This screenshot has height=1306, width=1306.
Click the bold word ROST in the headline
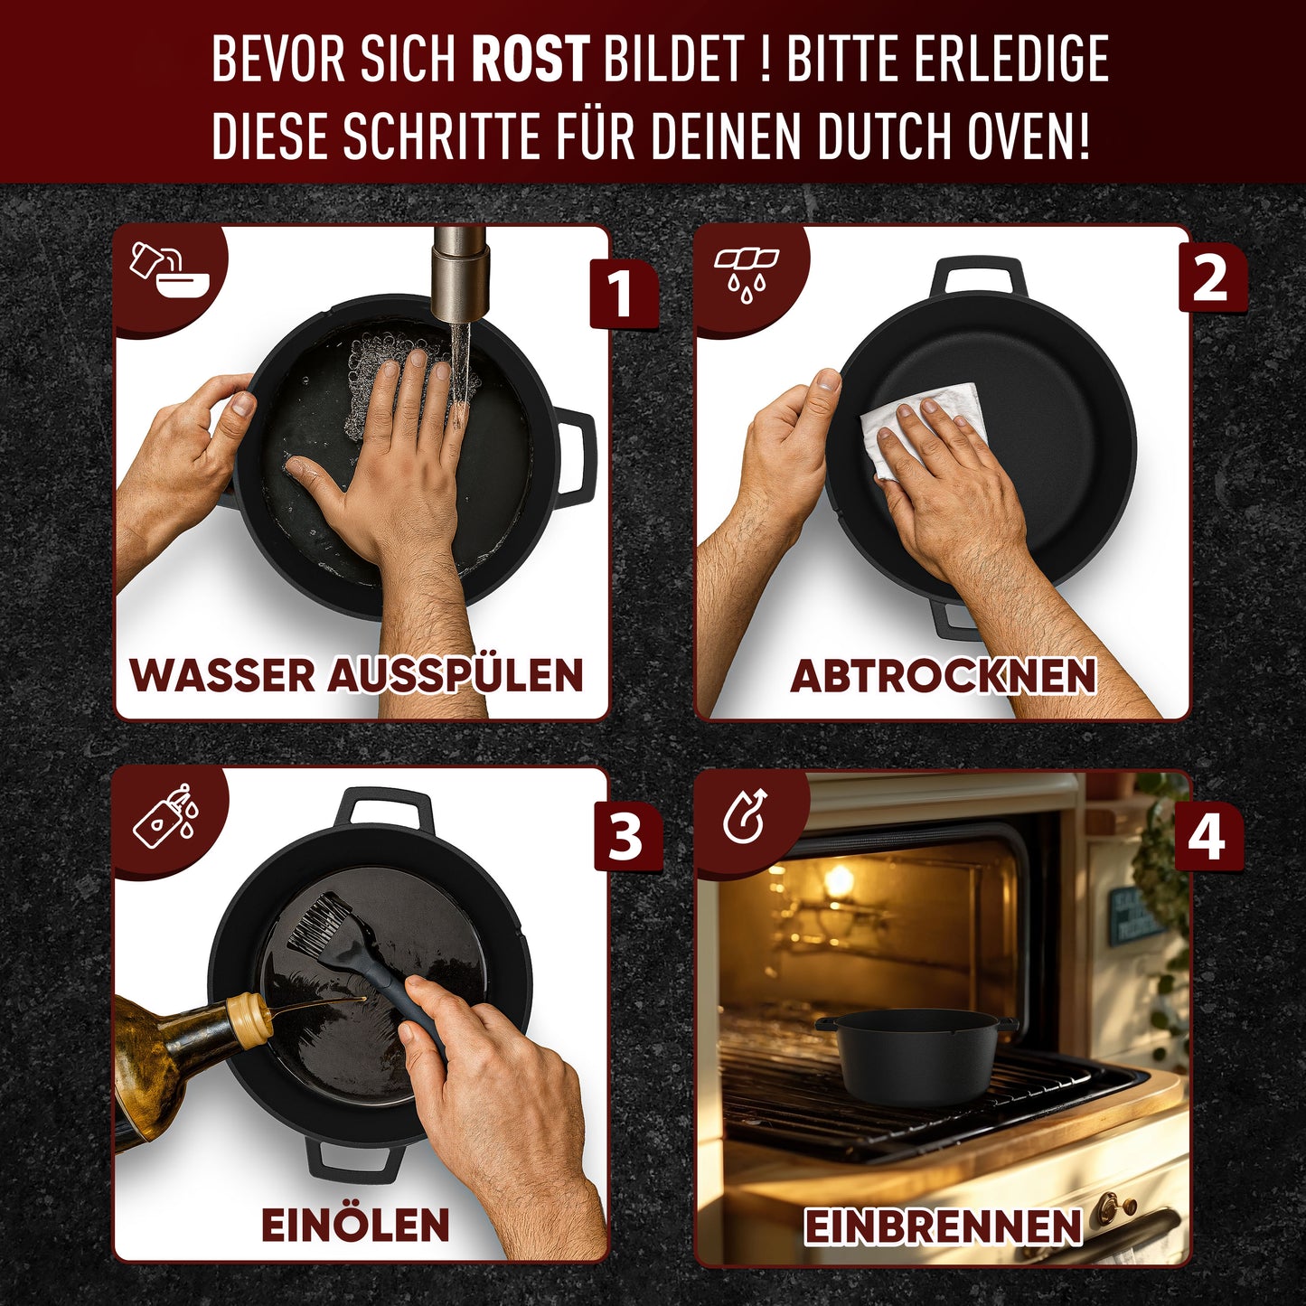(531, 60)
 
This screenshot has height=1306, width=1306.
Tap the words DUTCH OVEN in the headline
(954, 137)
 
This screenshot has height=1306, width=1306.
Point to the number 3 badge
(625, 837)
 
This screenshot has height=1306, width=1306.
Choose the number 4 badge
(1207, 837)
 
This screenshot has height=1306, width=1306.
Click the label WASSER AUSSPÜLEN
(357, 676)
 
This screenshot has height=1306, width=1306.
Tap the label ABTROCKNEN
(944, 676)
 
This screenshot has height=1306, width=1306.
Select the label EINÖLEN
(355, 1226)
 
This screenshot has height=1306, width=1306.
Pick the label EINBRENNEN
(943, 1226)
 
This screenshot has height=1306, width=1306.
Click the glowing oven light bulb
(839, 879)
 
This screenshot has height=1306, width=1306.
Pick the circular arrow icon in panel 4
(746, 816)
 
